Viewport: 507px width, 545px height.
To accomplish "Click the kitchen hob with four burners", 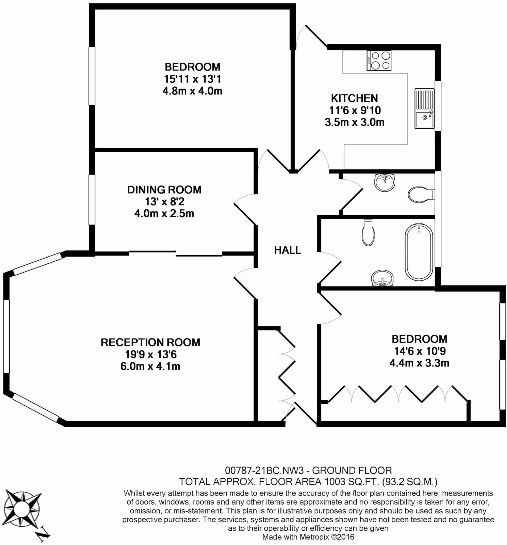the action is pos(379,61).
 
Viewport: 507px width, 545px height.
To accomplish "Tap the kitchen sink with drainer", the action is pos(424,109).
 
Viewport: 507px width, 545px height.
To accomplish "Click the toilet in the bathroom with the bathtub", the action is pos(369,232).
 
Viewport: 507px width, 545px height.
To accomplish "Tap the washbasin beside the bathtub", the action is pos(382,278).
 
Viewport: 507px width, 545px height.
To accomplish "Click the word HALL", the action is pos(288,250).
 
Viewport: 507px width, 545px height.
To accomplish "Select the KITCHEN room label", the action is pos(354,98).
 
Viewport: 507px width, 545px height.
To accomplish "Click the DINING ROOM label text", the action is pos(164,190).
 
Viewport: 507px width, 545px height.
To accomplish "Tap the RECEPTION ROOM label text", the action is pos(151,342).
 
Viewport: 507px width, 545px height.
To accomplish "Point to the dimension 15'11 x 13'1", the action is pos(192,79).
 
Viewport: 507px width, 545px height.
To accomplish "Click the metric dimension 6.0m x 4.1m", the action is pos(150,366).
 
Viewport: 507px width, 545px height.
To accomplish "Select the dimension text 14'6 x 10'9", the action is pos(419,351).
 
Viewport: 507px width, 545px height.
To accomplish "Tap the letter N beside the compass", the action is pos(43,533).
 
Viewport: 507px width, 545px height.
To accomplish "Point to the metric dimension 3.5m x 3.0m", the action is pos(355,122).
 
